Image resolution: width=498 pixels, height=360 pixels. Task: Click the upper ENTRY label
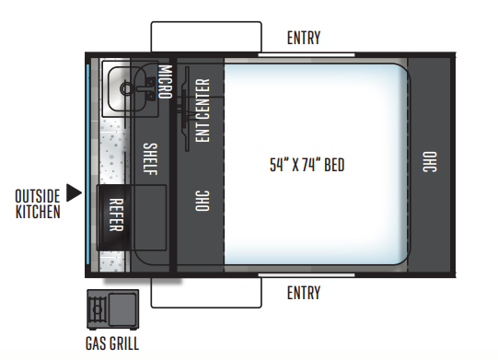(304, 38)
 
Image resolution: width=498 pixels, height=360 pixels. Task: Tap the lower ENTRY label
(304, 294)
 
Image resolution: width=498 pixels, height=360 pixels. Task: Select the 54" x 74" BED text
(307, 166)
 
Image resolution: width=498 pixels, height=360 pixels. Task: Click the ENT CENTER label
(203, 110)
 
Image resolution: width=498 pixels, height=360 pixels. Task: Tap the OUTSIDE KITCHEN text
(38, 203)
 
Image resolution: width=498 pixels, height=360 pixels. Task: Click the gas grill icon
(111, 309)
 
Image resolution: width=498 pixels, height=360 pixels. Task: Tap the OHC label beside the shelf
(201, 202)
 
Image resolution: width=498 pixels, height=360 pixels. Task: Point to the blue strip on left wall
(88, 161)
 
